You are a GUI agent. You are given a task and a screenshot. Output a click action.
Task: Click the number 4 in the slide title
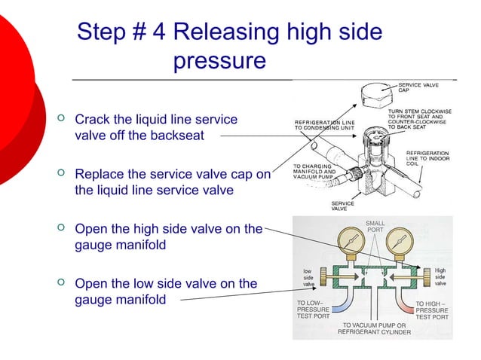click(161, 32)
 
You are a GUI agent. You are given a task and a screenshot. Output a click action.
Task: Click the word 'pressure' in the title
click(219, 60)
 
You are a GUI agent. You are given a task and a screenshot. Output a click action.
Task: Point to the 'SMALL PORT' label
click(375, 227)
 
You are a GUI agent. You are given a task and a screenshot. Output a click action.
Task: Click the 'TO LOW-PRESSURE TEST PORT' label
click(313, 310)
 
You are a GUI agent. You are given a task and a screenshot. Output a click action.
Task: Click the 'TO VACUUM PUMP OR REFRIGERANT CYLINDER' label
click(374, 328)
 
